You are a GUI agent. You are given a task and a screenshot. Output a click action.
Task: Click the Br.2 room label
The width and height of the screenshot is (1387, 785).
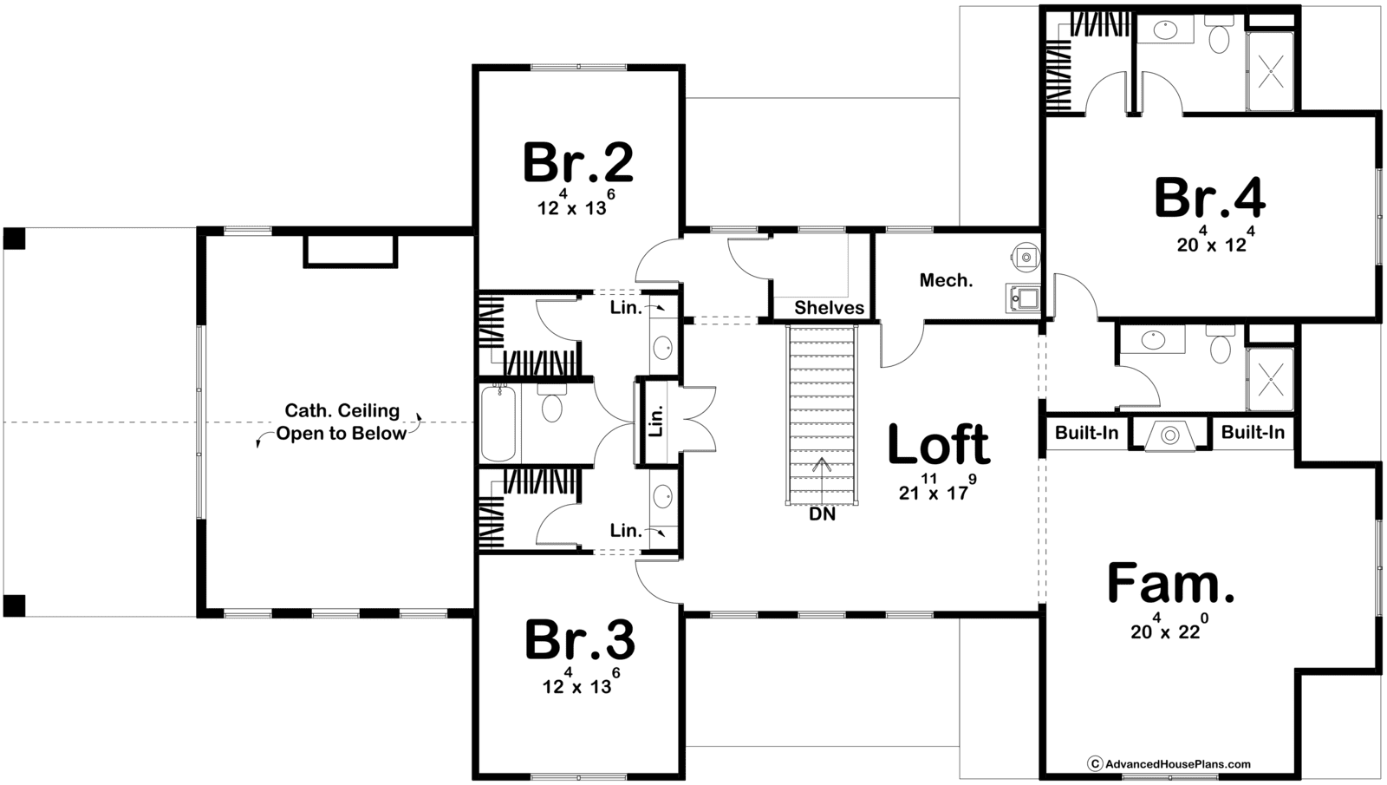pos(578,162)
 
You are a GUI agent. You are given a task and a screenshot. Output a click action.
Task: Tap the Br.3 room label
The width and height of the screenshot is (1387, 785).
pos(580,641)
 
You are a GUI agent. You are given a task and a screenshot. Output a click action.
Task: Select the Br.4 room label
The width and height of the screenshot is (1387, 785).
pos(1210,199)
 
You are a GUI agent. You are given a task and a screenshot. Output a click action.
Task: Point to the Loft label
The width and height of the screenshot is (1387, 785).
pos(939,444)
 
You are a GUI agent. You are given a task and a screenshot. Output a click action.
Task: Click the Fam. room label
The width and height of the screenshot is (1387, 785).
pos(1170,582)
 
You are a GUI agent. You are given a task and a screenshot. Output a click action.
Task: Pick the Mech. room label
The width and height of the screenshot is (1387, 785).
pos(946,281)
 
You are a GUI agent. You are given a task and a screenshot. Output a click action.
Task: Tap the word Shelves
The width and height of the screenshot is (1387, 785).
pos(829,307)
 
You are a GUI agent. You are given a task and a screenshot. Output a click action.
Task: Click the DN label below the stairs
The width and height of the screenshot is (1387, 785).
pos(823,514)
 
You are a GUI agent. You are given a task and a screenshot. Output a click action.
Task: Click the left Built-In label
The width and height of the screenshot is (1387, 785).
pos(1087,433)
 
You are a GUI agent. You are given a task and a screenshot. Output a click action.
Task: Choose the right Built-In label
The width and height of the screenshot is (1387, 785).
pos(1253,432)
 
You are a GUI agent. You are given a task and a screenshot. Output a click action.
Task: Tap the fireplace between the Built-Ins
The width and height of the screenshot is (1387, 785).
pos(1169,435)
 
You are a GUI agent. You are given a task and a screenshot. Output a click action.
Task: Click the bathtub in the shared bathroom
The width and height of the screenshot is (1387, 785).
pos(498,423)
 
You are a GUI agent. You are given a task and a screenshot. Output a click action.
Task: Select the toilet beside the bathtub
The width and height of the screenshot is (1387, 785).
pos(551,404)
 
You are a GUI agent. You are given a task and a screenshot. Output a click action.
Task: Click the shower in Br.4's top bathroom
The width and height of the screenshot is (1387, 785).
pos(1271,71)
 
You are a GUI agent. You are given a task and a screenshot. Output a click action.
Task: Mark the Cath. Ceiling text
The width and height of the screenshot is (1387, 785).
pos(342,410)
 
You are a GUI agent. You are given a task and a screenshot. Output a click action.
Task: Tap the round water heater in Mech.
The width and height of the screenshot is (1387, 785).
pos(1026,257)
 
